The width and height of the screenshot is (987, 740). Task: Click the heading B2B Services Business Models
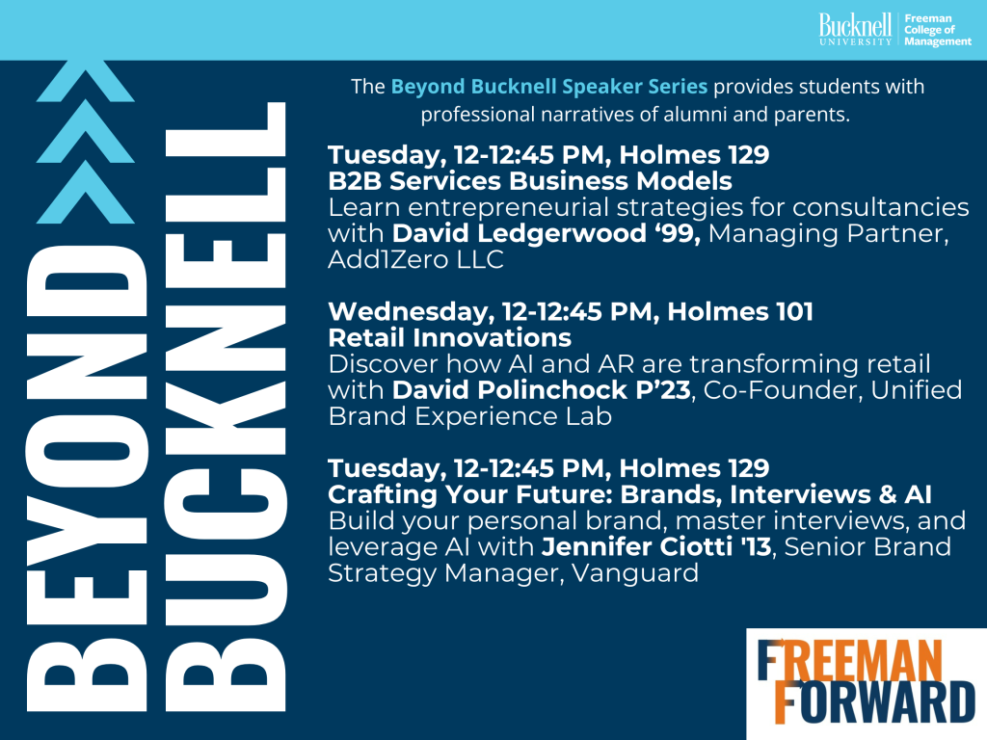coord(530,181)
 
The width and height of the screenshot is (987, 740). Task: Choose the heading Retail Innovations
coord(449,338)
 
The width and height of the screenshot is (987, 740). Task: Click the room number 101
coord(794,311)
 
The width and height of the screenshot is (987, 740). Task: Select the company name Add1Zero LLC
coord(415,259)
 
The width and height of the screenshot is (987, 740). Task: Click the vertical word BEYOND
coord(87,478)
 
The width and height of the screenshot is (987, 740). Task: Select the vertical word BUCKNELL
coord(225,407)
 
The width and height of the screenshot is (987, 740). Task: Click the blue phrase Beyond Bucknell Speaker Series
coord(548,86)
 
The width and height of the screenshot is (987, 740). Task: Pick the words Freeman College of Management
coord(937,30)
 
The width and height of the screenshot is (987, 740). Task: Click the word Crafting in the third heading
coord(382,495)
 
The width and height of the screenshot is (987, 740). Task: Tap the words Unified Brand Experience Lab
coord(645,404)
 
